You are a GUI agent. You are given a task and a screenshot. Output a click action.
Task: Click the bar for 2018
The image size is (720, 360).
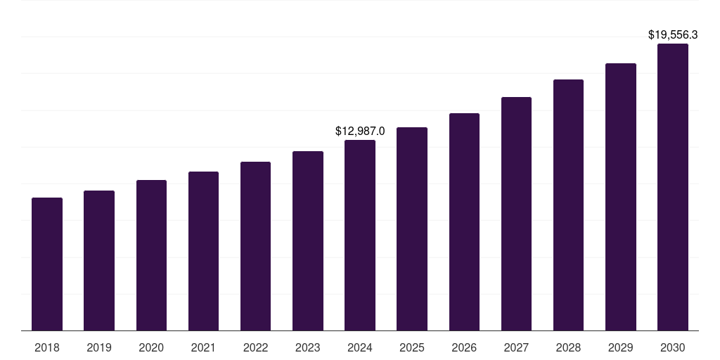(x=47, y=264)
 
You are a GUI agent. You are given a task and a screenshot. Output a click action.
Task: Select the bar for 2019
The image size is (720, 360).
(x=99, y=260)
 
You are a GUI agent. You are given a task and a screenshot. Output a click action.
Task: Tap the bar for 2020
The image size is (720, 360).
(x=151, y=255)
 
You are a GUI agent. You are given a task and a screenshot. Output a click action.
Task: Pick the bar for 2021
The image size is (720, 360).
(x=203, y=251)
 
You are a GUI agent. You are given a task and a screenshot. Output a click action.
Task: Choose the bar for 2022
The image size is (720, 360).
(x=255, y=246)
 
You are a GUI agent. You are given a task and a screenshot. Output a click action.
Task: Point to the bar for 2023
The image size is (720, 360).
(x=308, y=240)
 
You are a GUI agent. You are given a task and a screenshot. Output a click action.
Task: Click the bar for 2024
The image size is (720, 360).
(x=360, y=235)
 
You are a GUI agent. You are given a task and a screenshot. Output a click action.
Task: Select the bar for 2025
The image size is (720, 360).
(x=412, y=229)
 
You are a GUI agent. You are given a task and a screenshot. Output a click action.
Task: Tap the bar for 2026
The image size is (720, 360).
(x=464, y=221)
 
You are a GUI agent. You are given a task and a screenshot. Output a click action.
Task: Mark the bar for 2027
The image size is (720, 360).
(x=516, y=214)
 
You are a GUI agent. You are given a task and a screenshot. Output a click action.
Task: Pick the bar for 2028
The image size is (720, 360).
(x=568, y=205)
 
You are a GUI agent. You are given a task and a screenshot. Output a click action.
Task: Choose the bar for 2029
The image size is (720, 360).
(x=621, y=197)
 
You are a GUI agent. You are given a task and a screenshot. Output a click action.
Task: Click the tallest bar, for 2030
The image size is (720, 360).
(x=673, y=187)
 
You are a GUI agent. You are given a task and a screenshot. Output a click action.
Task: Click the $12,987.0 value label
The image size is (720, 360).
(x=360, y=131)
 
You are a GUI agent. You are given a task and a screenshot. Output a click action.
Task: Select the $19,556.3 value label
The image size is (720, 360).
(x=673, y=34)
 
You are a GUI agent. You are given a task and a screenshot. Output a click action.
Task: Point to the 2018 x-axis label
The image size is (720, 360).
(x=47, y=347)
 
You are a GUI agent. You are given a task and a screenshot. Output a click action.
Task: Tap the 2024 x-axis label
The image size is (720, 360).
(x=360, y=347)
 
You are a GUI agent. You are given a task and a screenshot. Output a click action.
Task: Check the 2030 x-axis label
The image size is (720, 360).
(x=673, y=347)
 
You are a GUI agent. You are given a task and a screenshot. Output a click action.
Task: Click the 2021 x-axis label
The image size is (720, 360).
(x=203, y=347)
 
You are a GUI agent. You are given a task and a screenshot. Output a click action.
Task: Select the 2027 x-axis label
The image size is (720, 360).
(x=516, y=347)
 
